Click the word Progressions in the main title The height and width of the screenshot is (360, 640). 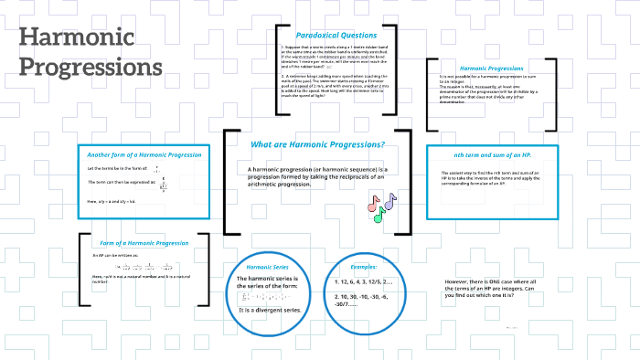(x=91, y=69)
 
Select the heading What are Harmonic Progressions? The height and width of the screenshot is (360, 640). (x=316, y=144)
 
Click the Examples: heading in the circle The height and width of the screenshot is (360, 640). (x=364, y=266)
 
